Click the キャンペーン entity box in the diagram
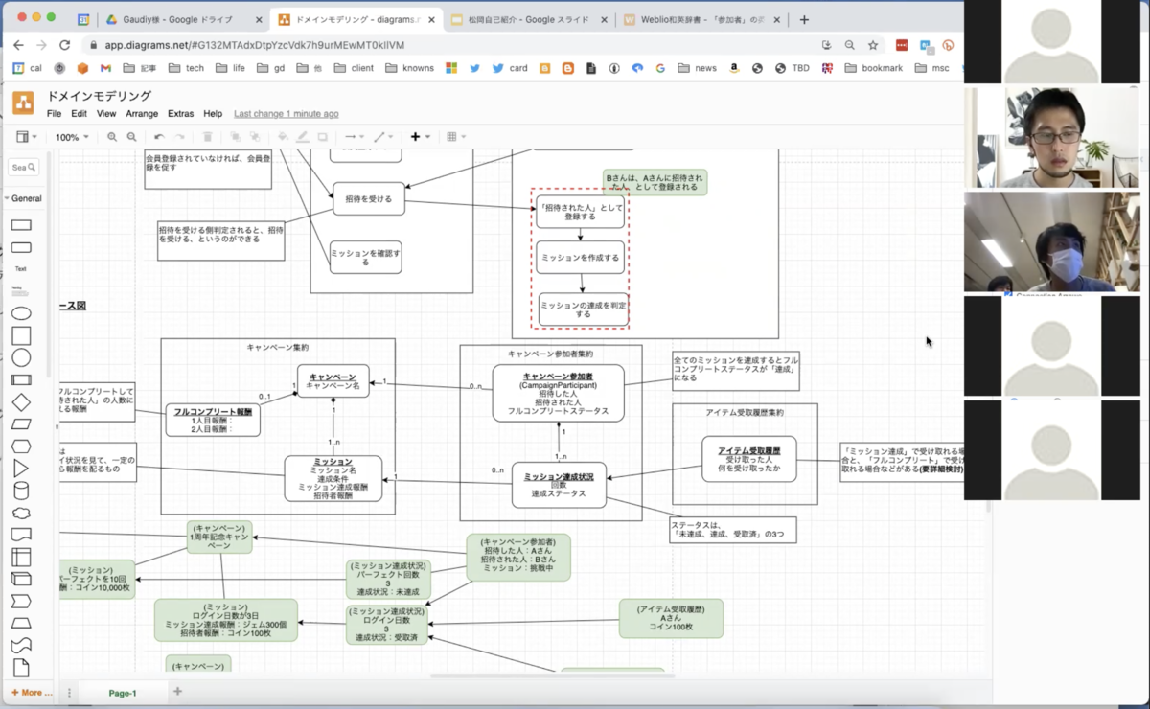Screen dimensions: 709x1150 coord(333,381)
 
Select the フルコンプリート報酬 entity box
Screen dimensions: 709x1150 coord(213,420)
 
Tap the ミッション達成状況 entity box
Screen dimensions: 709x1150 coord(559,485)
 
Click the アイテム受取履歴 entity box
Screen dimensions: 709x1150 coord(747,460)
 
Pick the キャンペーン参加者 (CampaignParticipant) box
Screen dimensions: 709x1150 coord(558,393)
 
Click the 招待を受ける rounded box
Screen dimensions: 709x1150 coord(369,199)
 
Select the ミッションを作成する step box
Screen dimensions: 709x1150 coord(581,258)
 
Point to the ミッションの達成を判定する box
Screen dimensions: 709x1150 coord(583,309)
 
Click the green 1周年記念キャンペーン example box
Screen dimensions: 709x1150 coord(219,537)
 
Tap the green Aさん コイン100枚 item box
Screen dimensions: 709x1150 coord(671,619)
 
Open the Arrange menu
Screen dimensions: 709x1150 coord(142,114)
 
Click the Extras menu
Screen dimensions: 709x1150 coord(180,114)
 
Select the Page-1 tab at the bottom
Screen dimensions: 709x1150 coord(122,693)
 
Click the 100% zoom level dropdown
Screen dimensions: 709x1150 coord(72,137)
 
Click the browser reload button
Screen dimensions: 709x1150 coord(64,45)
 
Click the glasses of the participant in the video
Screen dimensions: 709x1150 coord(1054,137)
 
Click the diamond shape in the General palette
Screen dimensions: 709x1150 coord(21,402)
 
